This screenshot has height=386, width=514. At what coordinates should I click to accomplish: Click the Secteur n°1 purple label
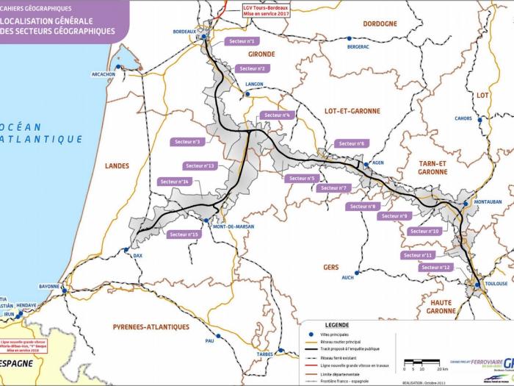tap(241, 42)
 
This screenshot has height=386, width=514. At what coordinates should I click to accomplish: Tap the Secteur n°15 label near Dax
tap(184, 235)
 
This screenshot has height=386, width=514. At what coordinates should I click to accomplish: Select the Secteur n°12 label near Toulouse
tap(436, 268)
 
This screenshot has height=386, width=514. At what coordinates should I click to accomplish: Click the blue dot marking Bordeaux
tap(207, 32)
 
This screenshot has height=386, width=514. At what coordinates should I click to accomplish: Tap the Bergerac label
tap(358, 46)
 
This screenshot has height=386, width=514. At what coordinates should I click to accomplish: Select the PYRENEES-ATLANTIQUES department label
tap(151, 326)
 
